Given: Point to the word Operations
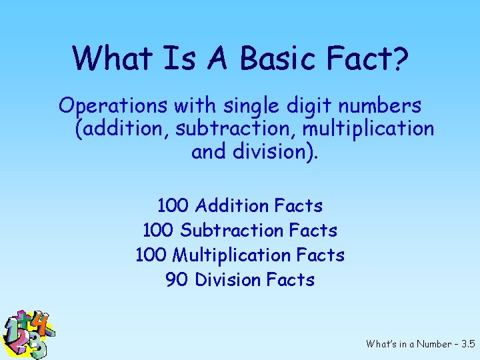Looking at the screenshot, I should [113, 106].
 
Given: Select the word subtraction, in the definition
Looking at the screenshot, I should [234, 129].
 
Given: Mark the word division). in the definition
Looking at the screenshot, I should [276, 151].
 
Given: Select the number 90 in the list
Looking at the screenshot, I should [177, 279].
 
